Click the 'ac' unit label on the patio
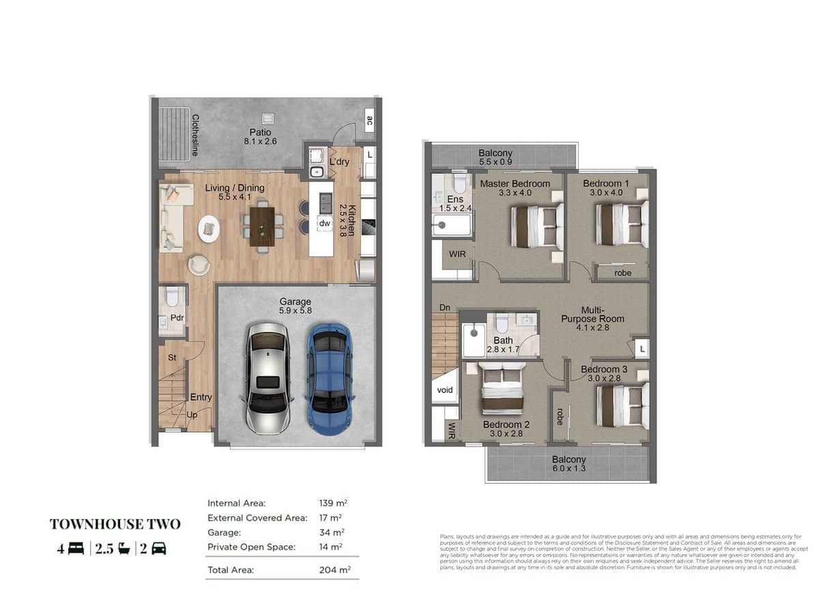[369, 121]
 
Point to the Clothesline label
[195, 135]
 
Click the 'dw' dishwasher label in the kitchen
[324, 223]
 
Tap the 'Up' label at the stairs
[192, 414]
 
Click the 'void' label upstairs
[444, 390]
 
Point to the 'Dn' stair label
[444, 308]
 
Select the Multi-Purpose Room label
[592, 318]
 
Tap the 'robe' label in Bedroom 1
[622, 273]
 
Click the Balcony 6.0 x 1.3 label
[569, 464]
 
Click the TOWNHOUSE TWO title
[115, 524]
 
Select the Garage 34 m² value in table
[332, 532]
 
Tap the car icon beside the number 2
[158, 549]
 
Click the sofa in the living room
[171, 216]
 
